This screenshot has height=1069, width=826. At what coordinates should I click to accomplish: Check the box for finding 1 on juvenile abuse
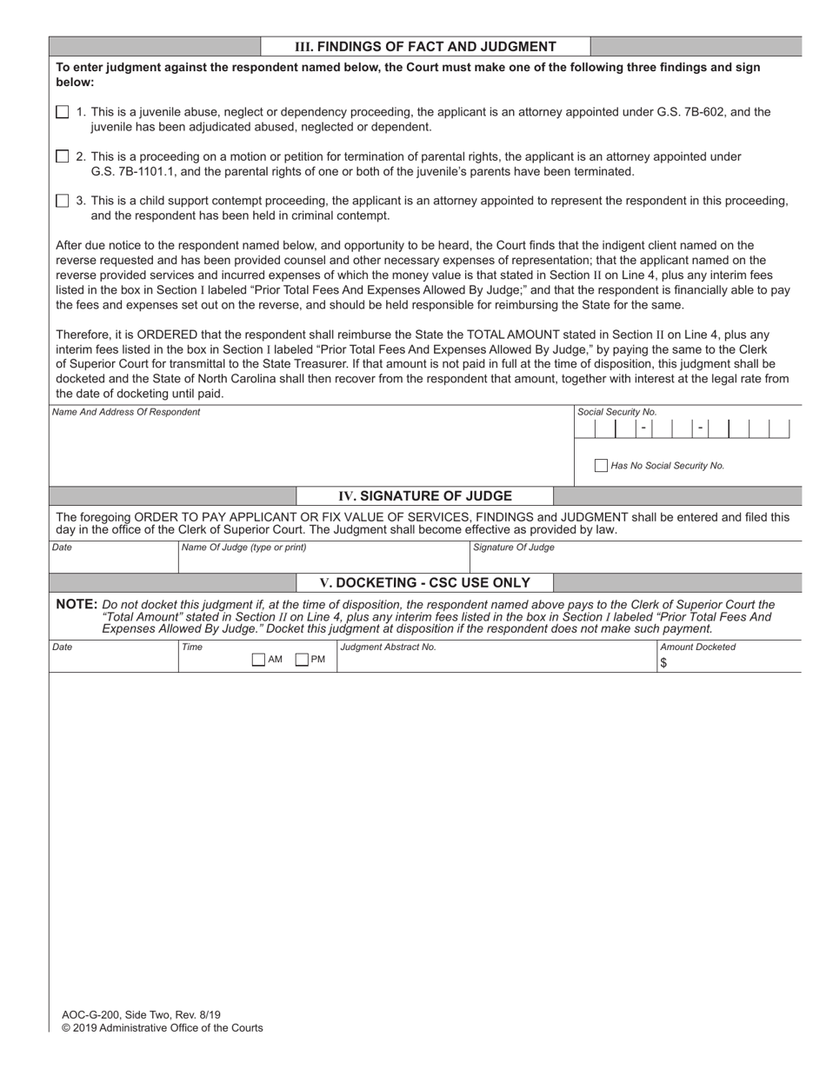pos(62,112)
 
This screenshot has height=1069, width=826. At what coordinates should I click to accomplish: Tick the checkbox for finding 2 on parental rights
pos(62,156)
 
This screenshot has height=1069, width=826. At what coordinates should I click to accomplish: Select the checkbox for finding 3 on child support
pos(62,201)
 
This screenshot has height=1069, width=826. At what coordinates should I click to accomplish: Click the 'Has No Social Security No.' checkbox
pos(601,466)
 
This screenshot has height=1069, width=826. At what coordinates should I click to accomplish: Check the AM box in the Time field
pos(258,660)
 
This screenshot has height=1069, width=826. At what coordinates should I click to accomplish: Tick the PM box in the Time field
pos(302,660)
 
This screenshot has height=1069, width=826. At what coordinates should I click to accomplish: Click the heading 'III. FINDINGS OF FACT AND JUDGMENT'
pos(425,47)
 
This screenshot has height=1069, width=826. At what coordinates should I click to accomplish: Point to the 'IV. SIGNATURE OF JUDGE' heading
pos(425,496)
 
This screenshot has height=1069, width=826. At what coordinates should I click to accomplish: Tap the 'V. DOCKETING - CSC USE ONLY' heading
pos(425,582)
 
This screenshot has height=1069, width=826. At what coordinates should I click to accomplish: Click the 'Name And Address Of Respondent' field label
pos(126,412)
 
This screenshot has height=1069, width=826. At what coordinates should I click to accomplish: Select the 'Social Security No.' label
pos(617,412)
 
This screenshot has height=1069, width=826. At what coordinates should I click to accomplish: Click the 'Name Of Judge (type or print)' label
pos(244,548)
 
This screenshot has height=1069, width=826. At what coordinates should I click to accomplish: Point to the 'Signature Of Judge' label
pos(514,548)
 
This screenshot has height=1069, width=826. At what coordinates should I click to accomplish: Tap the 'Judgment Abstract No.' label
pos(389,647)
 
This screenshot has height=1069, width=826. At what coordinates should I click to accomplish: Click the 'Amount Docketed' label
pos(698,647)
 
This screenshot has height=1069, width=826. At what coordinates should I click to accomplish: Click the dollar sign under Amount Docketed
pos(663,662)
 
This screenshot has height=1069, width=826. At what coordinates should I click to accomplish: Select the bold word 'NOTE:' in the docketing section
pos(77,604)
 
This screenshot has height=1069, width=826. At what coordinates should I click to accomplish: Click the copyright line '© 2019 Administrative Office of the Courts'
pos(162,1027)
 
